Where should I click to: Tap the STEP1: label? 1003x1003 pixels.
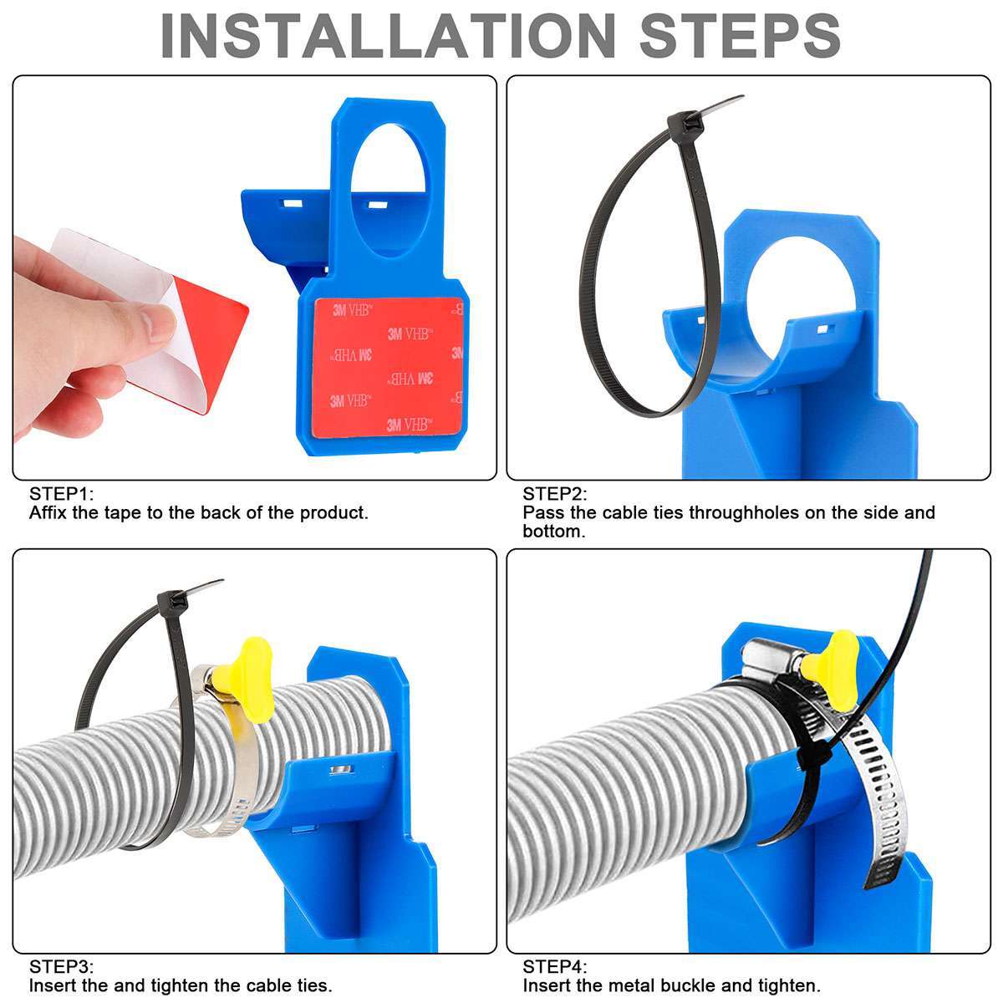62,493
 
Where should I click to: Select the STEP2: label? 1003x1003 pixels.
555,494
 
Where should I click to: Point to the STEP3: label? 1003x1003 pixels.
62,967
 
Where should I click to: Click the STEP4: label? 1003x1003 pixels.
555,967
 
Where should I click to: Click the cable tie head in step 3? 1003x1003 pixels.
171,602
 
